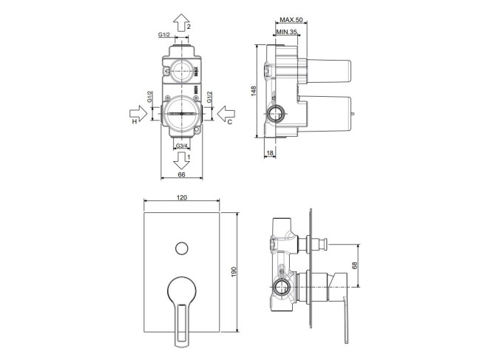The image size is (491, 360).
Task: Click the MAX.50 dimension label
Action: click(x=291, y=20)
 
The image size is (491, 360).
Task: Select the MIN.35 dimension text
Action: click(x=286, y=32)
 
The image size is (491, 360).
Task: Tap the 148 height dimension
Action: click(x=254, y=91)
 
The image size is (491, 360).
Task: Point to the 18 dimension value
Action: click(x=270, y=153)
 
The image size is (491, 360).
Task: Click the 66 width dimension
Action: click(x=182, y=174)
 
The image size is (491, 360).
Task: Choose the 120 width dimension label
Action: click(x=182, y=197)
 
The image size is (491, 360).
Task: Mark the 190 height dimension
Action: click(x=234, y=272)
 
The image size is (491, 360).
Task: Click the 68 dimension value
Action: click(x=354, y=265)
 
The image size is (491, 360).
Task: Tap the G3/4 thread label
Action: click(x=182, y=146)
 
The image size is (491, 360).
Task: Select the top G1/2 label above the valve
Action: click(x=163, y=35)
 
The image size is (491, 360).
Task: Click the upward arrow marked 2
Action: click(x=182, y=22)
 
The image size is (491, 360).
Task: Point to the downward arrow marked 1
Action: click(x=182, y=160)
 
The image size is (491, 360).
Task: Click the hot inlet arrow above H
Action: click(x=138, y=113)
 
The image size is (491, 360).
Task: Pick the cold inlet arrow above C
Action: click(x=226, y=113)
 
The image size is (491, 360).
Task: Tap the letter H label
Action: click(x=135, y=122)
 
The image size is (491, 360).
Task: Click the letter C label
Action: click(x=229, y=122)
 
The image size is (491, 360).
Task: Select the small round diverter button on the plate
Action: click(x=182, y=248)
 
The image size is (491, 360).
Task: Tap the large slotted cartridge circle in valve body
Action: click(x=182, y=114)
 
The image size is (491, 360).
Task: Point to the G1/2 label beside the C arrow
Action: click(x=209, y=97)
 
